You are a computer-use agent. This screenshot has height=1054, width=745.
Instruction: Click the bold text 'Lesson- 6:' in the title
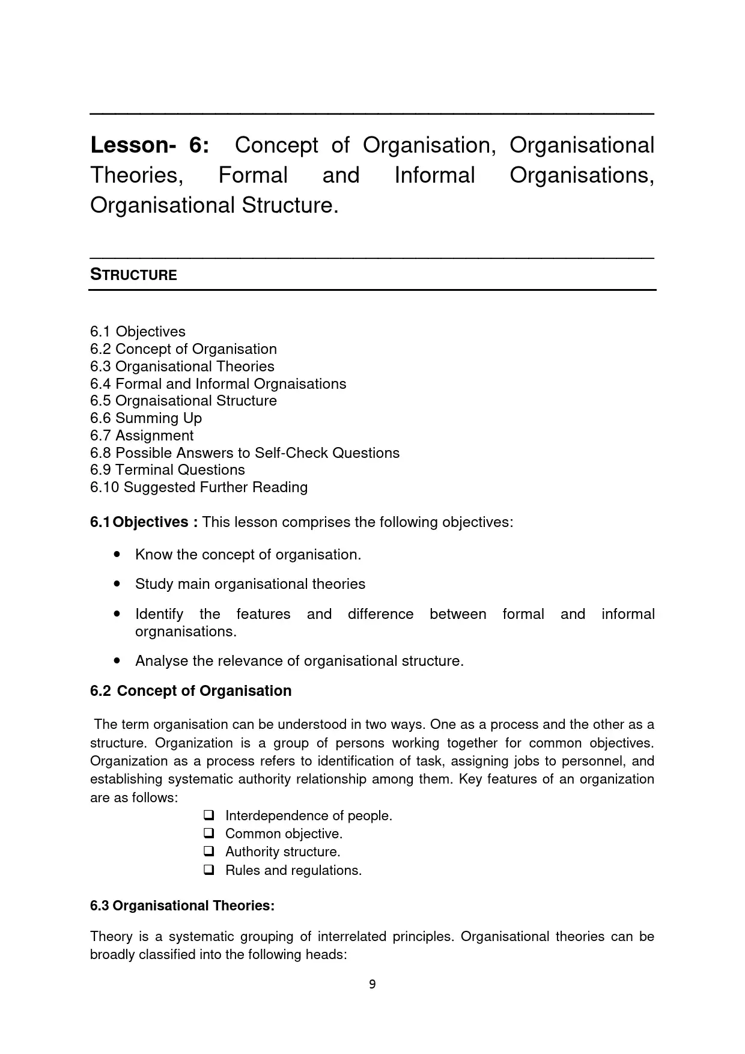[x=150, y=145]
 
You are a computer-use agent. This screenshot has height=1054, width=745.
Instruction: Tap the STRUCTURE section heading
[x=133, y=275]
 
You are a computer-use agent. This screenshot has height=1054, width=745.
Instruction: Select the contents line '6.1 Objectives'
[x=138, y=332]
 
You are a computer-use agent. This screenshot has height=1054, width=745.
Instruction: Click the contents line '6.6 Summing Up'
[x=146, y=418]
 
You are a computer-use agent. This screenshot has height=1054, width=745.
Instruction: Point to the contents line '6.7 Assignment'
[x=142, y=436]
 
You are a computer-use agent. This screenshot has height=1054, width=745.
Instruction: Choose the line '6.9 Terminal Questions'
[x=168, y=470]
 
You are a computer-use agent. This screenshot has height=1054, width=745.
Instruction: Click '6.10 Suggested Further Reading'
[x=199, y=487]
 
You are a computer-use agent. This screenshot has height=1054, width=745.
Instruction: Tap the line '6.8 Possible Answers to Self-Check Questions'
[x=245, y=453]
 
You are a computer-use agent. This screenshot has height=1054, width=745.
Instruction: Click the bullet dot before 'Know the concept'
[x=117, y=554]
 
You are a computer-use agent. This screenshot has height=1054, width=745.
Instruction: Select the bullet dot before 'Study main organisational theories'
[x=117, y=583]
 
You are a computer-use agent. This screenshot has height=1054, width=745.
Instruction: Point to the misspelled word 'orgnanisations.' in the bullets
[x=186, y=632]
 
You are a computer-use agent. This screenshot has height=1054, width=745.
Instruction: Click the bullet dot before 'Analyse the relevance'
[x=117, y=660]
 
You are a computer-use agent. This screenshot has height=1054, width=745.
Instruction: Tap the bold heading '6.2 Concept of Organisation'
[x=191, y=691]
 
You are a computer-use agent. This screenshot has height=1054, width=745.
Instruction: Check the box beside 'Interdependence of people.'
[x=209, y=815]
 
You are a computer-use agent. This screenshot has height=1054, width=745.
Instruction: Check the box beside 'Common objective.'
[x=209, y=833]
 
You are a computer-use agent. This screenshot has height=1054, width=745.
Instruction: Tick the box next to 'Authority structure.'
[x=209, y=851]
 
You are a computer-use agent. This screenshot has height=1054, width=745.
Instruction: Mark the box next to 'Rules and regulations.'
[x=209, y=870]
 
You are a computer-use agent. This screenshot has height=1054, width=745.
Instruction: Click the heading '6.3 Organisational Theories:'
[x=182, y=906]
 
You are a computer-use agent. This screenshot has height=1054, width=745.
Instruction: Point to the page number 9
[x=372, y=984]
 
